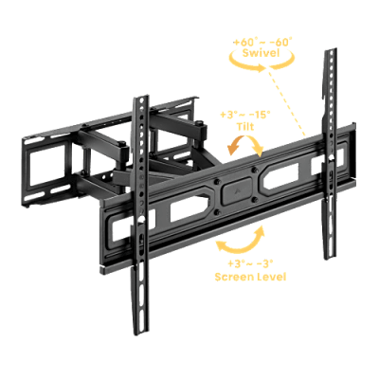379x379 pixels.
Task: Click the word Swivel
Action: pos(261,52)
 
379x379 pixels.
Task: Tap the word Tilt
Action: pos(245,127)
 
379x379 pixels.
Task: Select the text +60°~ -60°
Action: pos(262,42)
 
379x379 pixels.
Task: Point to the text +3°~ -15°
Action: pos(245,115)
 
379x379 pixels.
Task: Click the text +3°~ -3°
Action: pos(250,263)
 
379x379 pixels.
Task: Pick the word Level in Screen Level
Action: pos(272,277)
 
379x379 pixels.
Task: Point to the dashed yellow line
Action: pos(287,101)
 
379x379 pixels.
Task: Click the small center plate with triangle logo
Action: pos(237,190)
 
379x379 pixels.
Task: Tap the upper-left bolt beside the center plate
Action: pos(217,182)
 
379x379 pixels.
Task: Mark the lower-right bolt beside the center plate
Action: pos(255,199)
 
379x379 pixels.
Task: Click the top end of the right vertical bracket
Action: pos(331,50)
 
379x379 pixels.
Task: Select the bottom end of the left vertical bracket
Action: pos(141,333)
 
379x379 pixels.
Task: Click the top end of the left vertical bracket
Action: pos(140,97)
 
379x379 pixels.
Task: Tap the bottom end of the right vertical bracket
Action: pos(329,258)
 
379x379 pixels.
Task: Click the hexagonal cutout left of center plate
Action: pos(189,209)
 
